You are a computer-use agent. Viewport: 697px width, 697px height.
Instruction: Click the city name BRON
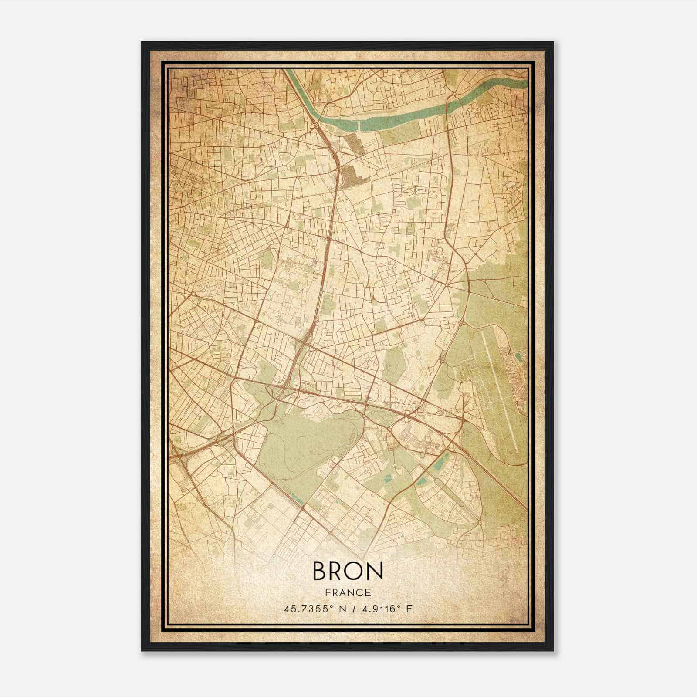(x=348, y=571)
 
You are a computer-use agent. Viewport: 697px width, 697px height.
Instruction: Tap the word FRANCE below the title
(x=348, y=592)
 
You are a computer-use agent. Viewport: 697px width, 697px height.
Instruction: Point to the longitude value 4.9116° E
(x=388, y=609)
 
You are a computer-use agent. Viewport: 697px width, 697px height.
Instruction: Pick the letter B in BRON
(x=320, y=571)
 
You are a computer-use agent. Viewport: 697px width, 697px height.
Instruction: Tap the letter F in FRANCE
(x=328, y=592)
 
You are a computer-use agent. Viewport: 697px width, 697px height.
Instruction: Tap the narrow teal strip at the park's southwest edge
(x=296, y=497)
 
